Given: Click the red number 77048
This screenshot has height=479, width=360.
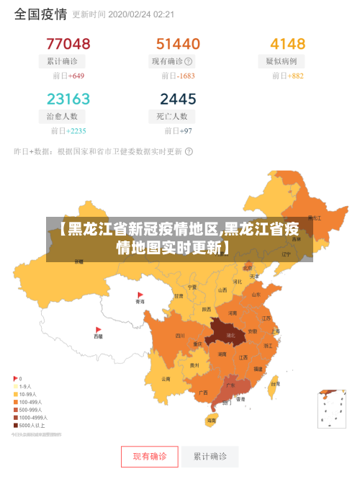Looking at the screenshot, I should click(68, 44).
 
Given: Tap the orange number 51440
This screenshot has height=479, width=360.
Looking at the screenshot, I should click(178, 44).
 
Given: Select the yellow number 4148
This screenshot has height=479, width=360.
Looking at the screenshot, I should click(287, 44).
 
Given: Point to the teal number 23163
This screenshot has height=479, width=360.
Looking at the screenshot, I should click(68, 99).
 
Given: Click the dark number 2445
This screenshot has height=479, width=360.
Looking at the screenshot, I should click(178, 99).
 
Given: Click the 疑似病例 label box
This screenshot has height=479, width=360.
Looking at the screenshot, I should click(286, 61).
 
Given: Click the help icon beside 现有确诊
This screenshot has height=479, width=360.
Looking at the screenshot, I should click(189, 61).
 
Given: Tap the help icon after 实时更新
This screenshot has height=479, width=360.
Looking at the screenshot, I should click(189, 151).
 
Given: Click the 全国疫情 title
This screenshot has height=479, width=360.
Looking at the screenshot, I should click(40, 14).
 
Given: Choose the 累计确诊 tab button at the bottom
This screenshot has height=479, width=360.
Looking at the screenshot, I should click(210, 456).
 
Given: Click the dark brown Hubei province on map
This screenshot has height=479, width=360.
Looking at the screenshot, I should click(228, 335).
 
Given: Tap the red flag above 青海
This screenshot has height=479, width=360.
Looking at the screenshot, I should click(140, 295).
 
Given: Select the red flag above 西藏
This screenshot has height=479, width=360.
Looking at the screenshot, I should click(98, 328).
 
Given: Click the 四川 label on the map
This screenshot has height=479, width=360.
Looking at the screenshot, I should click(180, 335).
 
